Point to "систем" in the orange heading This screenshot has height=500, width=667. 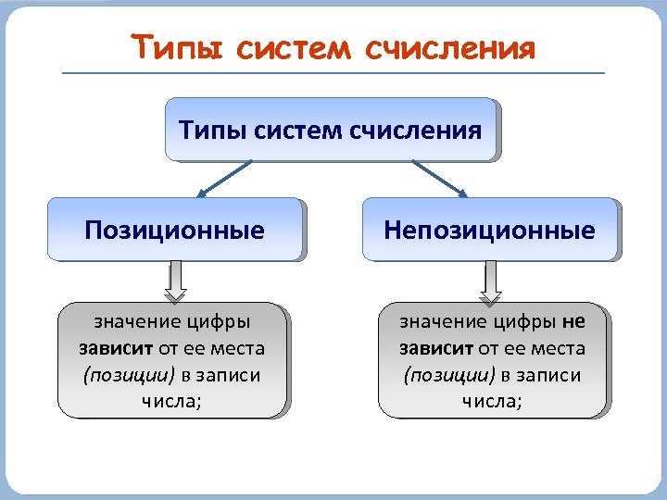(x=295, y=47)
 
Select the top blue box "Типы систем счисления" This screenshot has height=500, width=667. (x=331, y=130)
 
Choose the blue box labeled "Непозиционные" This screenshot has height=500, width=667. (x=489, y=229)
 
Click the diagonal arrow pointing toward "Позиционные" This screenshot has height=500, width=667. (x=225, y=178)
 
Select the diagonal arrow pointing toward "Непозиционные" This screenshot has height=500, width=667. (x=438, y=178)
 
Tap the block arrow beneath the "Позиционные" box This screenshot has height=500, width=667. (x=175, y=281)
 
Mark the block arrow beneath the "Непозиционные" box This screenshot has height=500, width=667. (x=491, y=281)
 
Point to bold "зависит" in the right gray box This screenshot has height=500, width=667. (x=436, y=349)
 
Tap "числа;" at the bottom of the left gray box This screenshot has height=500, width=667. (x=172, y=401)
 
